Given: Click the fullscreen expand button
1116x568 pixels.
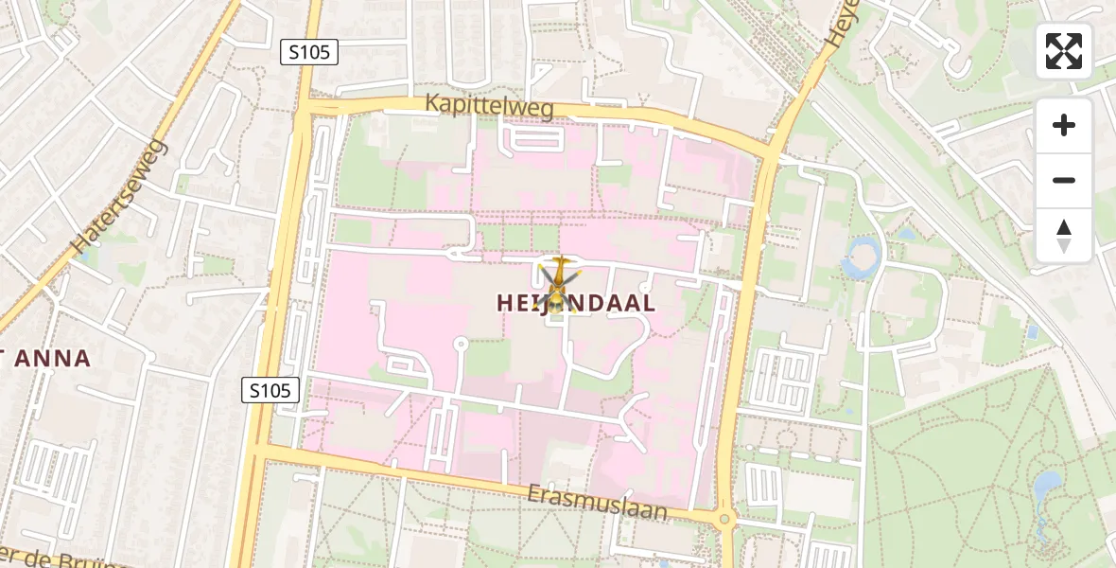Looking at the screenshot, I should click(x=1064, y=51).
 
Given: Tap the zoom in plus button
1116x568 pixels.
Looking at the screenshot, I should click(x=1064, y=125).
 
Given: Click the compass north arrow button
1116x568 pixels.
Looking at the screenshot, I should click(x=1064, y=235).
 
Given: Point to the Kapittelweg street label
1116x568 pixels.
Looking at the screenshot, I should click(x=489, y=105).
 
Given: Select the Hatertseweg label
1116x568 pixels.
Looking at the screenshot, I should click(x=120, y=196).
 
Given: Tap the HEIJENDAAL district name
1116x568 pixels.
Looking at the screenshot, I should click(x=576, y=303).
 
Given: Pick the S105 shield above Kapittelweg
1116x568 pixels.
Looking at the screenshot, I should click(x=310, y=52).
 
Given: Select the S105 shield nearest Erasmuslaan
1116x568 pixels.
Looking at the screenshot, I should click(x=270, y=389).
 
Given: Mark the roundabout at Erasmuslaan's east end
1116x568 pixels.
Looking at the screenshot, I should click(x=725, y=519).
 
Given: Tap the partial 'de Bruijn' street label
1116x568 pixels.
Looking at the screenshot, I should click(x=66, y=559).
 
